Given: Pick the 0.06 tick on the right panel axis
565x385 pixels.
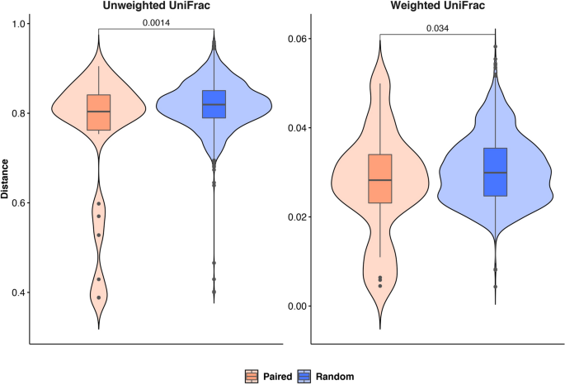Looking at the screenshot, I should pos(296,39).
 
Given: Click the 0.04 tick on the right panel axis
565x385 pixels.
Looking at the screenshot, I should pos(296,128).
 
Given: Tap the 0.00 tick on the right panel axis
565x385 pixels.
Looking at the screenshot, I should pos(296,306).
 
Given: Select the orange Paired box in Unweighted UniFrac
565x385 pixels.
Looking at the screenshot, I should pos(98,112).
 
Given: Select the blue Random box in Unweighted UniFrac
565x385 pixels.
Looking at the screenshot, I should pos(214,104).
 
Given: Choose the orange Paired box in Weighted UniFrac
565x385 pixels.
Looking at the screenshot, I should pos(380,178).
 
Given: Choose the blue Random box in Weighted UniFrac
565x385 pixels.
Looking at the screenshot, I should pos(496,172).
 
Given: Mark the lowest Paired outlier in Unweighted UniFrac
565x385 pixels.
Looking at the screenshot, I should pos(98,297).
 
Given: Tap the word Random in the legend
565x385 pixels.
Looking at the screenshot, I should pos(336,376).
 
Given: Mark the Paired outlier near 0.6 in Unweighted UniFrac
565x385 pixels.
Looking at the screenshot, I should pos(98,203).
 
